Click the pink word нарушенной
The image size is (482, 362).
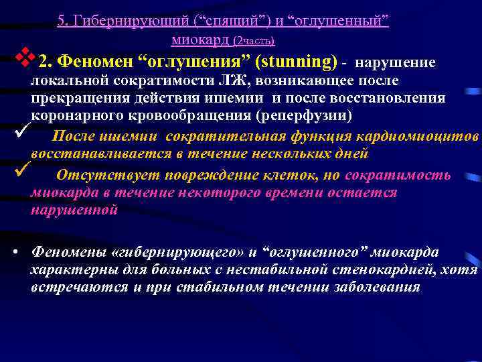(74, 209)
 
